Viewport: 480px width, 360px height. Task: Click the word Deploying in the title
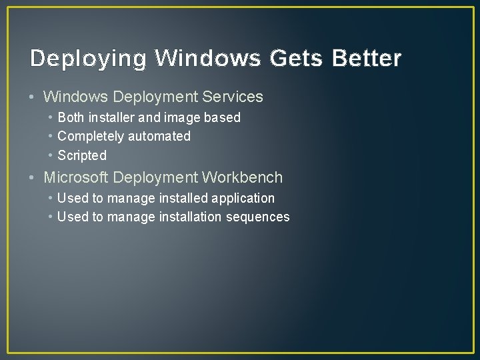pyautogui.click(x=88, y=59)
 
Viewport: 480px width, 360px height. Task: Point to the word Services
pyautogui.click(x=233, y=97)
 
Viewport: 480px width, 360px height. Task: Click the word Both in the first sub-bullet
pyautogui.click(x=71, y=117)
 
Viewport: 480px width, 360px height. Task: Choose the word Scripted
pyautogui.click(x=82, y=156)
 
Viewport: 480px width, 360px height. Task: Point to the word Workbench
pyautogui.click(x=243, y=178)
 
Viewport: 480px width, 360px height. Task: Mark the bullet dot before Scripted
pyautogui.click(x=51, y=155)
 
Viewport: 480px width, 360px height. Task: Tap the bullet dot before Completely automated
pyautogui.click(x=51, y=136)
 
